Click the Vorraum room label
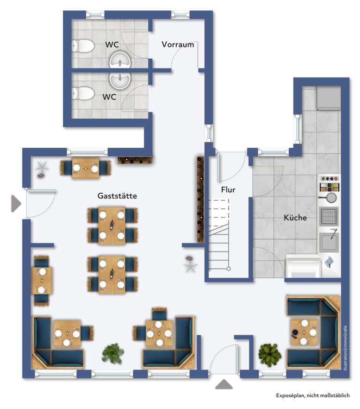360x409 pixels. click(178, 45)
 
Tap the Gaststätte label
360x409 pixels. click(117, 196)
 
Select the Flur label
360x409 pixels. click(228, 189)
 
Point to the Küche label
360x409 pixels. click(295, 218)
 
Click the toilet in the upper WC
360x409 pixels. click(83, 46)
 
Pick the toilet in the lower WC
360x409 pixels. click(83, 93)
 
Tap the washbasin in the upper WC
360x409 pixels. click(120, 60)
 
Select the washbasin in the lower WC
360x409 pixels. click(120, 80)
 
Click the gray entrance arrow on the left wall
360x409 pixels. click(16, 203)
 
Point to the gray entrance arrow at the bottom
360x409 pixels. click(224, 384)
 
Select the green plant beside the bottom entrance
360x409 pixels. click(270, 355)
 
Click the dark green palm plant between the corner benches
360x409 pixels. click(113, 354)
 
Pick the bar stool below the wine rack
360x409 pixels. click(190, 264)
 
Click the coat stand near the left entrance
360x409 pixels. click(42, 169)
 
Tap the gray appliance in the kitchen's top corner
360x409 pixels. click(329, 98)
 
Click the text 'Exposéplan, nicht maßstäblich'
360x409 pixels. click(313, 395)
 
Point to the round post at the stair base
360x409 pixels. click(228, 269)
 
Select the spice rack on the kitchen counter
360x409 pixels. click(330, 187)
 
